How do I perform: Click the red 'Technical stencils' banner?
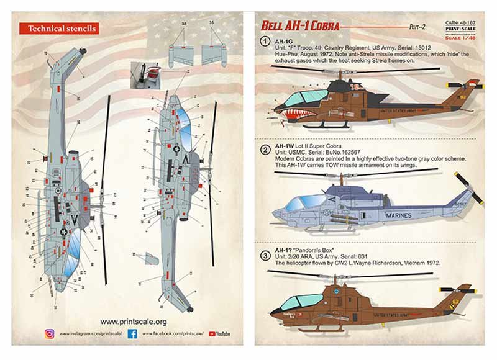click(58, 29)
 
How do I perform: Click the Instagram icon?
click(50, 334)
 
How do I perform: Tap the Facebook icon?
click(132, 334)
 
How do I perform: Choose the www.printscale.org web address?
click(133, 322)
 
